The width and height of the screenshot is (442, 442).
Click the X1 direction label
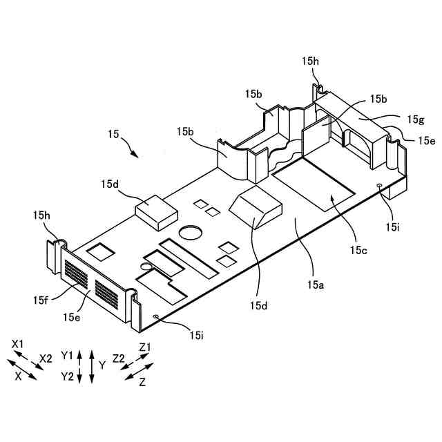[18, 344]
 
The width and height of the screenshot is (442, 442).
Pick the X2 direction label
[46, 358]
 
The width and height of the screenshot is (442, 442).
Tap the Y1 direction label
[66, 354]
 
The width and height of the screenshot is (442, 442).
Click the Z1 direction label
[146, 346]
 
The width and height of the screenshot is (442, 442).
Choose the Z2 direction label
[119, 358]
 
